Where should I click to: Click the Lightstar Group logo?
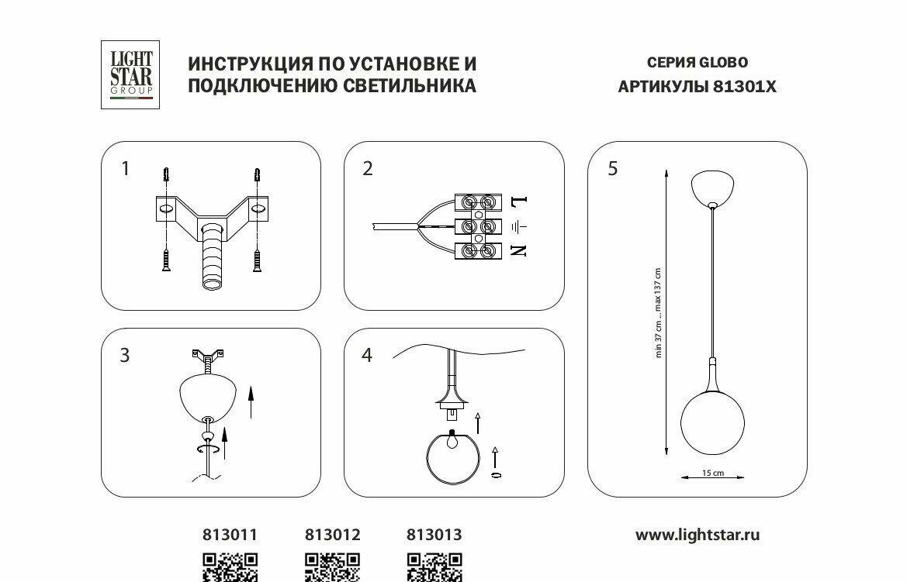tap(130, 74)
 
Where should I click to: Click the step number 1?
tap(126, 168)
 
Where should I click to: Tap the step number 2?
tap(368, 168)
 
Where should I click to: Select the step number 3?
tap(125, 356)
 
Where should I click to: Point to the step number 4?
tap(367, 356)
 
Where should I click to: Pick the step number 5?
tap(613, 168)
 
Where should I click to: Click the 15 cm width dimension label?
tap(712, 473)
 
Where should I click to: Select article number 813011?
tap(230, 535)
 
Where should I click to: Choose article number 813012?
tap(333, 535)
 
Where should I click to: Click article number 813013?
tap(434, 535)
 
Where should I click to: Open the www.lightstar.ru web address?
tap(698, 535)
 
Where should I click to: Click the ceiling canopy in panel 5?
tap(713, 189)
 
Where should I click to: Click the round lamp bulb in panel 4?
tap(452, 460)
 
